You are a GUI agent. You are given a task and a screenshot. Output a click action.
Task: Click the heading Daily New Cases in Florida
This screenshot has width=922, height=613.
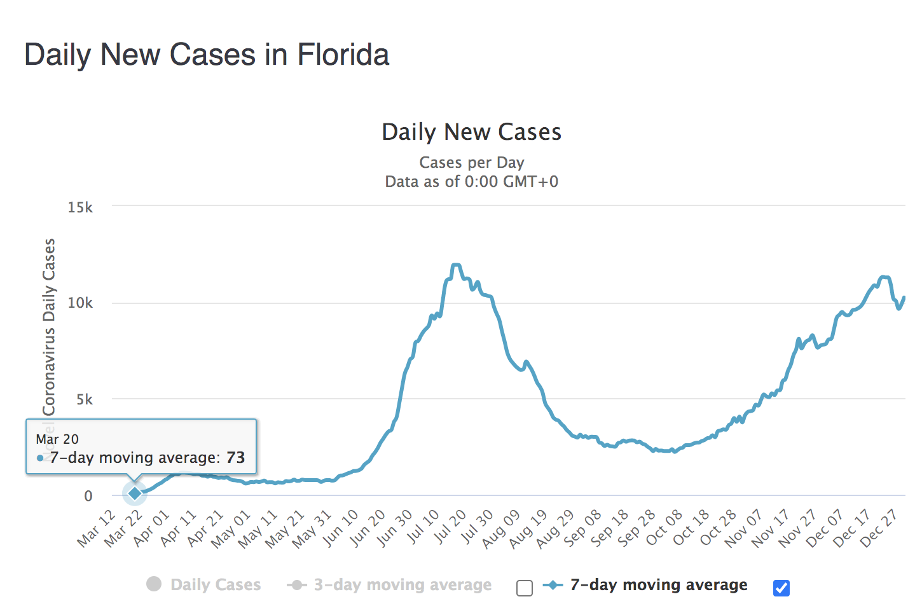(x=207, y=55)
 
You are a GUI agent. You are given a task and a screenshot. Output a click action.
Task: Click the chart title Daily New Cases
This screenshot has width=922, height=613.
(x=471, y=132)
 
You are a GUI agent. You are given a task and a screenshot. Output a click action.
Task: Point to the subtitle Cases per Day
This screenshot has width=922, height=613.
(x=471, y=163)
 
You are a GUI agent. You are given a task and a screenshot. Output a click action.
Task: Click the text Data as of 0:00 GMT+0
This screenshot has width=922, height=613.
(x=471, y=182)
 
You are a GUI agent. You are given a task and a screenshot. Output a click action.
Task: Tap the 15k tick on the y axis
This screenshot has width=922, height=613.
(x=80, y=207)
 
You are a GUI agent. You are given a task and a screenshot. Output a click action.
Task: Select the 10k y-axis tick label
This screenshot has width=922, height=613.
(x=80, y=303)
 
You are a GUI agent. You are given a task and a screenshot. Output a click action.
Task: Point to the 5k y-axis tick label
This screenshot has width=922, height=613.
(x=84, y=400)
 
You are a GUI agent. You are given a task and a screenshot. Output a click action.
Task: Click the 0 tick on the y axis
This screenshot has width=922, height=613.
(x=88, y=496)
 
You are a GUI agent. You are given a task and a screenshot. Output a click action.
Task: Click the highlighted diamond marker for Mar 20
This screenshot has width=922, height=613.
(x=135, y=493)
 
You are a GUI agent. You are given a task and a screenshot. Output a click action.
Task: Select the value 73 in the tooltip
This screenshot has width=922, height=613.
(x=235, y=458)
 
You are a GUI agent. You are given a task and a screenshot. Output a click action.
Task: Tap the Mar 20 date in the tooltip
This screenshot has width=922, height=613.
(x=57, y=439)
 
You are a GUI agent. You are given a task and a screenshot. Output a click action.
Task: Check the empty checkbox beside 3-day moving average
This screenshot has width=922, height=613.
(x=525, y=588)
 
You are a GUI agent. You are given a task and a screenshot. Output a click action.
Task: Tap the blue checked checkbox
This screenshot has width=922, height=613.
(x=781, y=588)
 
